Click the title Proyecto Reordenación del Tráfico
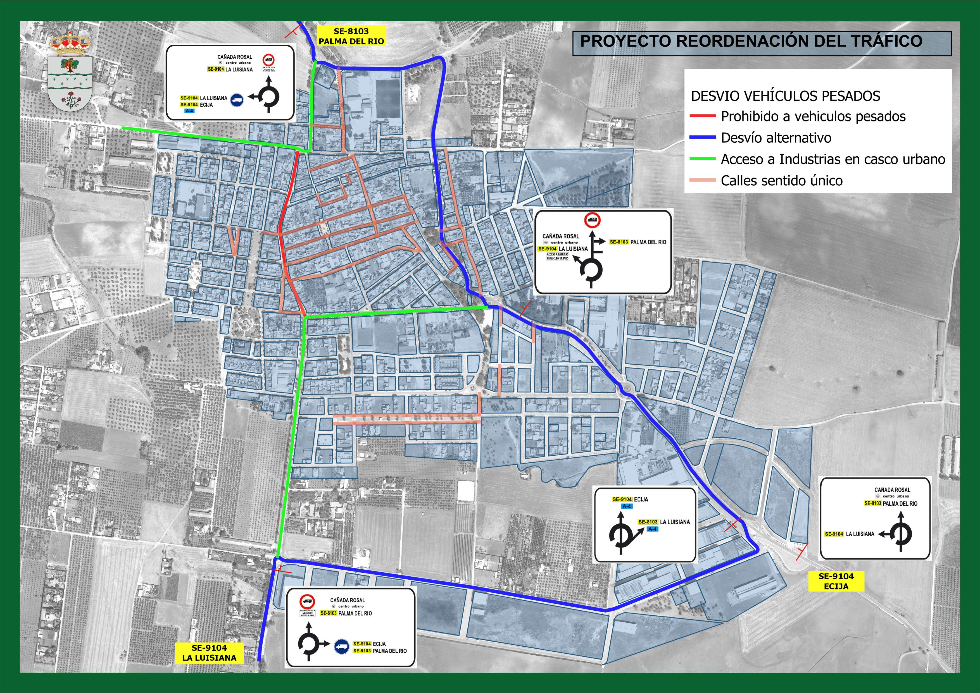pyautogui.click(x=751, y=41)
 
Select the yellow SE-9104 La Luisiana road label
pyautogui.click(x=209, y=653)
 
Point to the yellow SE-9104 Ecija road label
pyautogui.click(x=836, y=581)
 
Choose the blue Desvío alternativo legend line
pyautogui.click(x=702, y=137)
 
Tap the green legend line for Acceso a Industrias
pyautogui.click(x=702, y=159)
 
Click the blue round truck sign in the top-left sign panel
pyautogui.click(x=237, y=100)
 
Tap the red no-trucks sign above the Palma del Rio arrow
pyautogui.click(x=592, y=220)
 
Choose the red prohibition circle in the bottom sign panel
pyautogui.click(x=307, y=602)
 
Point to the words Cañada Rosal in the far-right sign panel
pyautogui.click(x=892, y=490)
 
